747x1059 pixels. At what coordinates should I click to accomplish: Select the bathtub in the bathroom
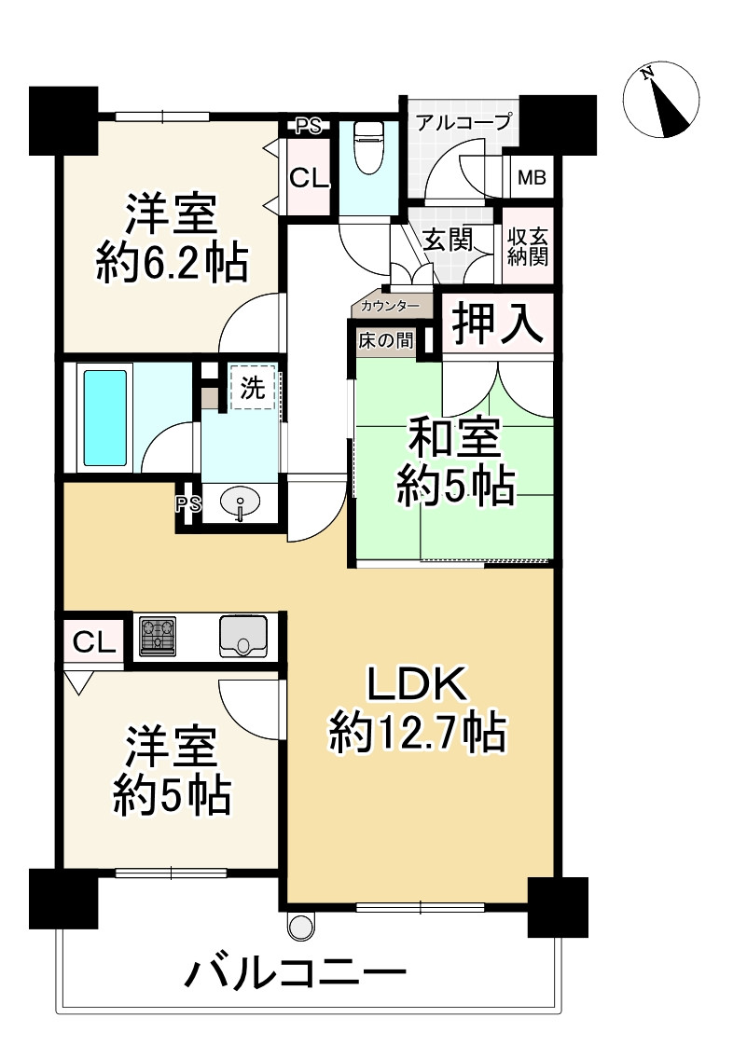tap(105, 418)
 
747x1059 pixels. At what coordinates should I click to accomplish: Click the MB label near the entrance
tap(533, 177)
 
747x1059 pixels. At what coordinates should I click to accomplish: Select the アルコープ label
tap(463, 121)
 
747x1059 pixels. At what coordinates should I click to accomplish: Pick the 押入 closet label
tap(497, 324)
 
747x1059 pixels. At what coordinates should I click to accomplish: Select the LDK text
tap(416, 687)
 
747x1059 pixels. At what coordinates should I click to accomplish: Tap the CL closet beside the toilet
tap(309, 178)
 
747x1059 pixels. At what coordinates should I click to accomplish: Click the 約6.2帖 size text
tap(173, 265)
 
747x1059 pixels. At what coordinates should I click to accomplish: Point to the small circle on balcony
tap(300, 926)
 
